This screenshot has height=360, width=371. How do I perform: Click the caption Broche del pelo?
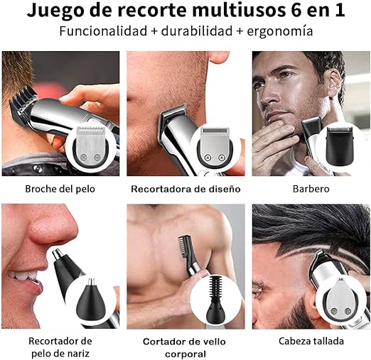pyautogui.click(x=60, y=190)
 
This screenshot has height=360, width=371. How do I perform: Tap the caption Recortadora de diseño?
pyautogui.click(x=185, y=190)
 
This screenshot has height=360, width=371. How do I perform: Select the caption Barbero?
pyautogui.click(x=311, y=190)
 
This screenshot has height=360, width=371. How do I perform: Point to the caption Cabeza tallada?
pyautogui.click(x=311, y=341)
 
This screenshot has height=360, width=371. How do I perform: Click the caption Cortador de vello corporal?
pyautogui.click(x=185, y=347)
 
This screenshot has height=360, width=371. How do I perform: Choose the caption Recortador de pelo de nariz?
pyautogui.click(x=60, y=347)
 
